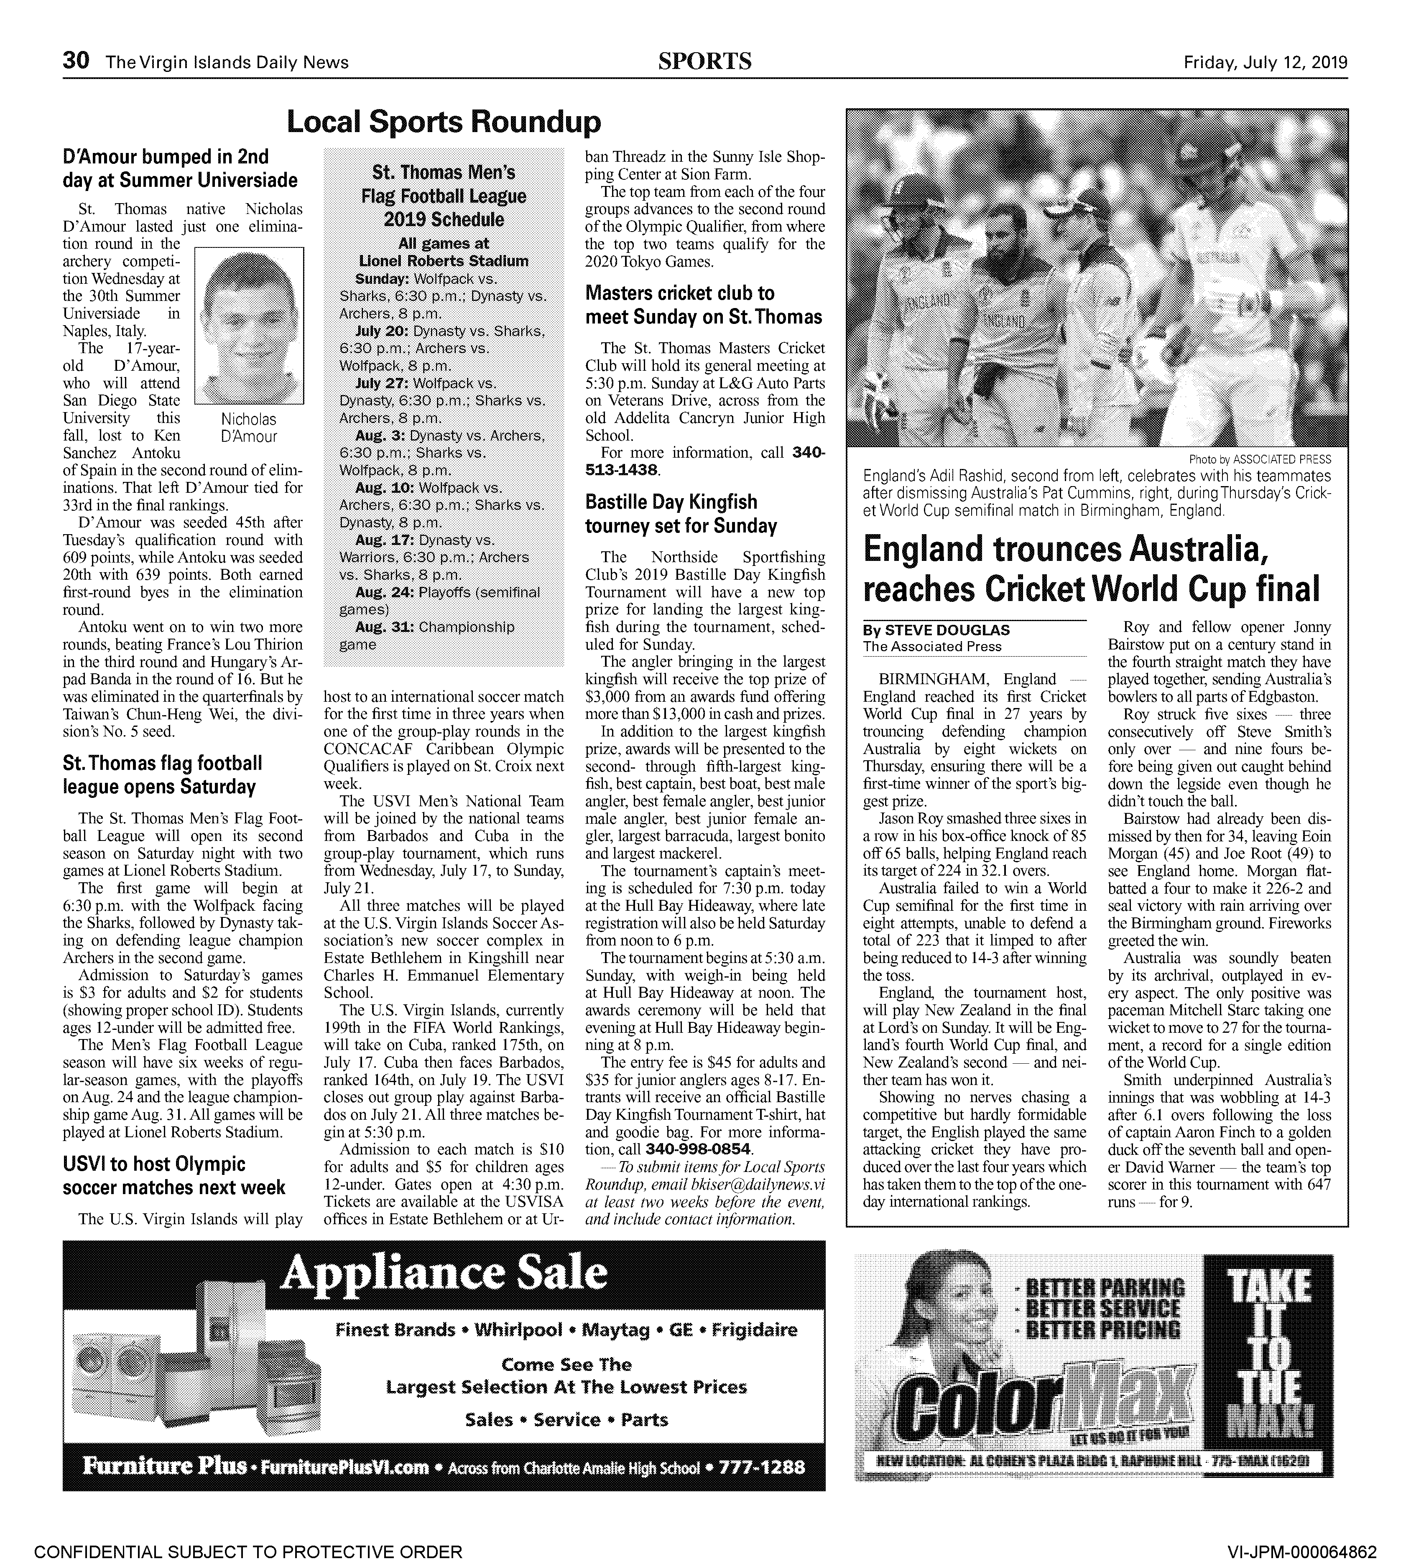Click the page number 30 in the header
click(77, 61)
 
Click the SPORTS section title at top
click(705, 61)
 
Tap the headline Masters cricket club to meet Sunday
click(703, 305)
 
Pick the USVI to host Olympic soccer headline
click(174, 1176)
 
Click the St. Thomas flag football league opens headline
click(163, 775)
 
